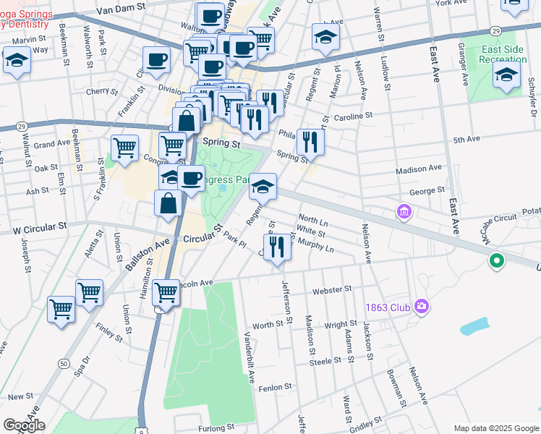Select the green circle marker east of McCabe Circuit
(496, 260)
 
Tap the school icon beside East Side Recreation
(506, 75)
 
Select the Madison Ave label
(418, 169)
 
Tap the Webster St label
(331, 289)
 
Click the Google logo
(24, 425)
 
